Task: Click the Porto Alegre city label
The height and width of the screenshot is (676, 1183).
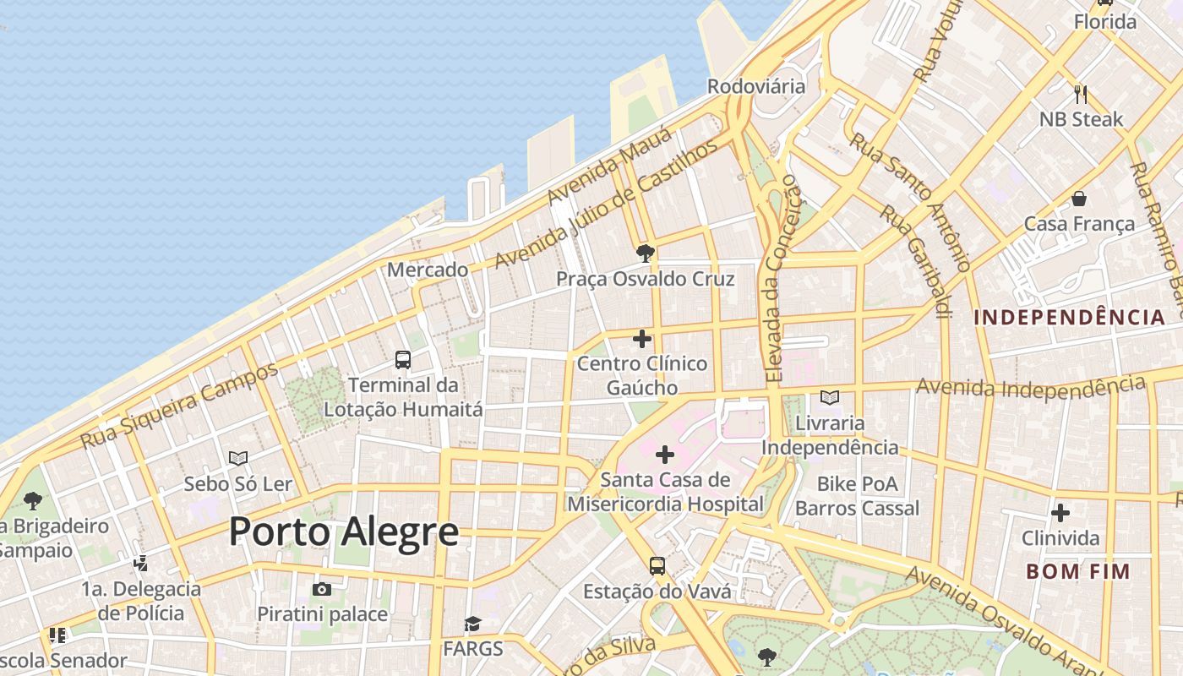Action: point(344,532)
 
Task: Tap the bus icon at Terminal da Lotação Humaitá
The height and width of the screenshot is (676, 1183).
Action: point(403,360)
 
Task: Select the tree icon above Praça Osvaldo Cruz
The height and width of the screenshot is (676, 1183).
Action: point(645,253)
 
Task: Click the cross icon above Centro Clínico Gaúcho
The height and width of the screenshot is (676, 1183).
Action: point(642,339)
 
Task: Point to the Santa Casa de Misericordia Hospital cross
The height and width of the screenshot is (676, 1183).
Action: point(665,455)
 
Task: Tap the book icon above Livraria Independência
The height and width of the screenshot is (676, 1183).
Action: point(830,397)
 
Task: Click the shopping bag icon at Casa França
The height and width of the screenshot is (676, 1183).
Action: point(1079,199)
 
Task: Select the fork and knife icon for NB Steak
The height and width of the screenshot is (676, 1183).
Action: point(1080,94)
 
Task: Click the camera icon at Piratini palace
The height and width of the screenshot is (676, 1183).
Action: point(322,589)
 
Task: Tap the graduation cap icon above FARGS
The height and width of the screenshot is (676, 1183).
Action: point(472,624)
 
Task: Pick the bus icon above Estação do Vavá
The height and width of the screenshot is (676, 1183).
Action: point(657,565)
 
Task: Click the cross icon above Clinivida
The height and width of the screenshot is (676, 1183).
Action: point(1060,513)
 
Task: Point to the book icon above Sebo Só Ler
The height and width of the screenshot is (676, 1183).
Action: point(238,458)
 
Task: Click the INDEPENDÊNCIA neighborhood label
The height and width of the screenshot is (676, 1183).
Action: point(1069,318)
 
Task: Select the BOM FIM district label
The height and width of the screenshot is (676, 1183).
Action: point(1077,571)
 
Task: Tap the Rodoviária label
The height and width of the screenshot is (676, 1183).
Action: point(755,86)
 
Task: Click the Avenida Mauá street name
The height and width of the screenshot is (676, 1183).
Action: point(608,166)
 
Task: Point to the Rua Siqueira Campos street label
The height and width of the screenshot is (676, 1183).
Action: point(178,406)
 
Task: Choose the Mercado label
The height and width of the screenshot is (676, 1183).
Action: point(428,270)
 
